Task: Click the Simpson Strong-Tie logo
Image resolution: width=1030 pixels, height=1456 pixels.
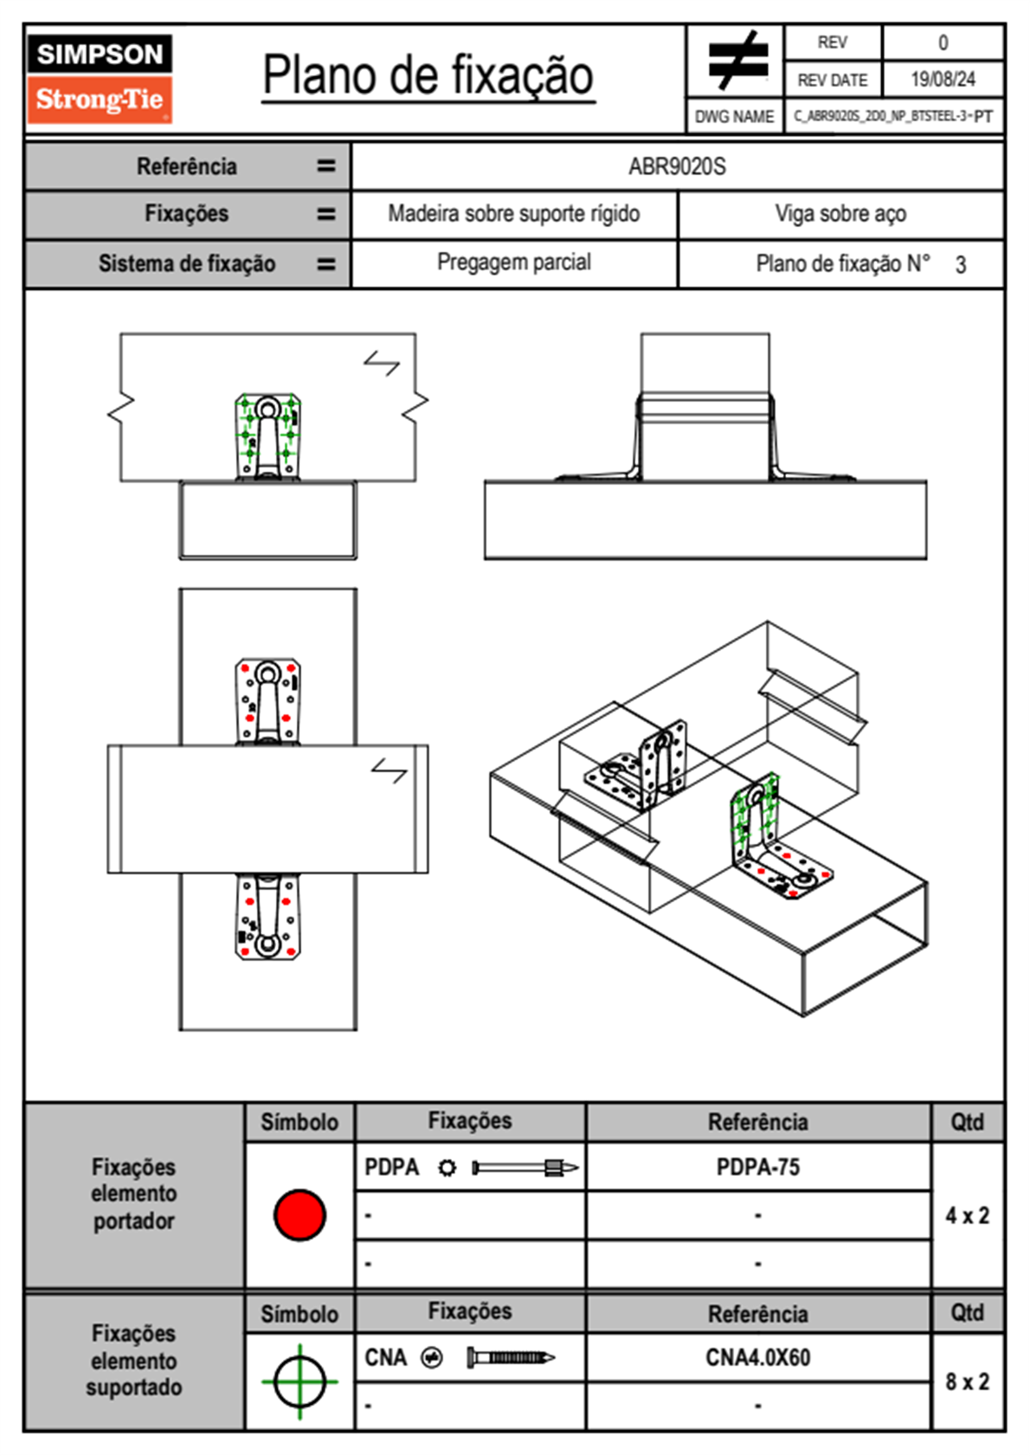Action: coord(100,78)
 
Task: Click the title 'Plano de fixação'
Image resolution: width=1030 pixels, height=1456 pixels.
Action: coord(428,75)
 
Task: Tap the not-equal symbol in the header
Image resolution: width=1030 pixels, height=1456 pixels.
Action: coord(736,61)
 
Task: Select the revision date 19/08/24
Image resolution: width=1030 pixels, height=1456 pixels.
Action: coord(943,80)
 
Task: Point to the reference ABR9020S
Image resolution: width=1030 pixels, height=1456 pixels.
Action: coord(677,166)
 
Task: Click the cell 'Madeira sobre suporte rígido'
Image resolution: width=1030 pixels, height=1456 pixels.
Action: coord(513,214)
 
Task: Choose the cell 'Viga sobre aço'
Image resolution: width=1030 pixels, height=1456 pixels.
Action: coord(840,214)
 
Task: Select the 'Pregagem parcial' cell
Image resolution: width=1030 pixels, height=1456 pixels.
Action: coord(513,262)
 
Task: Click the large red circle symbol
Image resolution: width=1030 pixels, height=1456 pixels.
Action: coord(299,1214)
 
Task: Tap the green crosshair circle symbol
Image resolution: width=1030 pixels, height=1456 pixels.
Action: coord(299,1382)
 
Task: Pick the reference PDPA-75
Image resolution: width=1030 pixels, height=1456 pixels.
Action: coord(758,1167)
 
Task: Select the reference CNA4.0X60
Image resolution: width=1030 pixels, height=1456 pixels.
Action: coord(758,1357)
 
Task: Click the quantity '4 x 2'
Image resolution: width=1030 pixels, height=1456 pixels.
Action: coord(967,1215)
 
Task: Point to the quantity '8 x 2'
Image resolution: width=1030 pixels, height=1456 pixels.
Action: coord(967,1382)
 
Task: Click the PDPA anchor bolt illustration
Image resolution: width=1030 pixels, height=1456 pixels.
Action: coord(525,1168)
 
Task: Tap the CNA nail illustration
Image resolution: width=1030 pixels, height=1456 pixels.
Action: coord(511,1357)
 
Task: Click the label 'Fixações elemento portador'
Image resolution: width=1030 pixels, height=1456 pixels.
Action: coord(134,1194)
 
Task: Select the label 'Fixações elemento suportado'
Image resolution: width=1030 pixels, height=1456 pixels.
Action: coord(134,1360)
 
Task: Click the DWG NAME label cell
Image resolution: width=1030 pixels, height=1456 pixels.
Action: coord(734,117)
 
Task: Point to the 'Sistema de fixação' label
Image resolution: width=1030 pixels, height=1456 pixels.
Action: coord(187,263)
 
